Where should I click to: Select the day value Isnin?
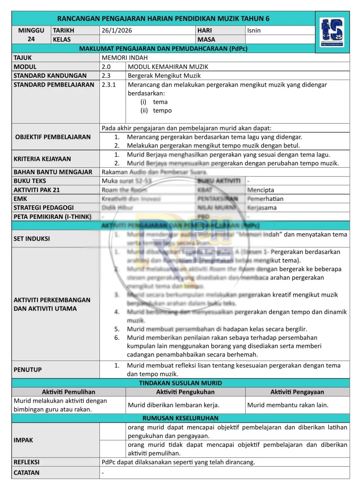[254, 31]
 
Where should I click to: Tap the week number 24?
[31, 39]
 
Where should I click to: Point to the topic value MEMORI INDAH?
[125, 58]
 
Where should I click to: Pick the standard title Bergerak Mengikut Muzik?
[164, 76]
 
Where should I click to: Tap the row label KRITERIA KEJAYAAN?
[42, 159]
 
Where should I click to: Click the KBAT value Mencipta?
[261, 190]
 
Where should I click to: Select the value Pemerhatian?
[265, 199]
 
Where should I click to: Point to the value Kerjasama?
[262, 208]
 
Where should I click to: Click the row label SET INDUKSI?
[32, 239]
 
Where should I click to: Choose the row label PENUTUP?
[28, 370]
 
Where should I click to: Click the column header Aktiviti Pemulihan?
[68, 392]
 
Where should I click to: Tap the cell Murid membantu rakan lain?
[288, 405]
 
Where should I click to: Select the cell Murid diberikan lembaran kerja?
[173, 405]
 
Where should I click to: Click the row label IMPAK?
[23, 440]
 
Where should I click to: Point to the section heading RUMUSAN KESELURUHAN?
[180, 418]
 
